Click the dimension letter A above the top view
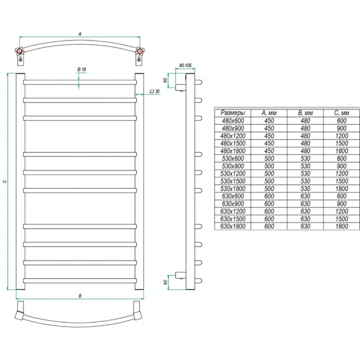click(x=80, y=34)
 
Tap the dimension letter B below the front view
click(x=80, y=296)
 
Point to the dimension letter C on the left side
click(x=5, y=181)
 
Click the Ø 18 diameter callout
click(x=81, y=69)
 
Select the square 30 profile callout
click(x=154, y=91)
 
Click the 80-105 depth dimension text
click(x=185, y=65)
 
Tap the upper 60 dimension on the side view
click(x=165, y=80)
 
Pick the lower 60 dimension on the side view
click(x=165, y=282)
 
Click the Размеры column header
click(x=233, y=113)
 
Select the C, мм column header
click(x=342, y=113)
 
